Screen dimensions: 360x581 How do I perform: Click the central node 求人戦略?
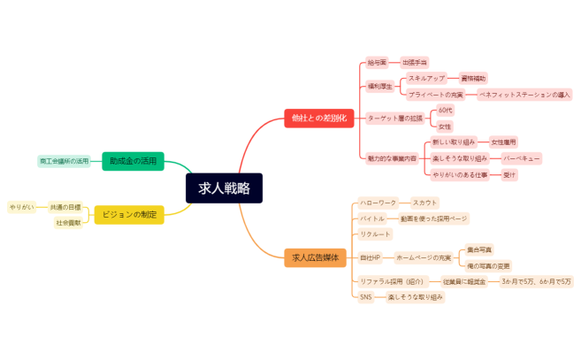(x=224, y=188)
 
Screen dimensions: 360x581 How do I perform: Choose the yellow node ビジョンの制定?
(x=129, y=214)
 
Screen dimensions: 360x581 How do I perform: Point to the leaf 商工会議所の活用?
(x=65, y=162)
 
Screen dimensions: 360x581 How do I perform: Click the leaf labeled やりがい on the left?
(x=21, y=207)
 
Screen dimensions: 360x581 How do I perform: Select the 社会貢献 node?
(x=68, y=223)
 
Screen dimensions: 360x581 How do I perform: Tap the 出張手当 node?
(x=415, y=63)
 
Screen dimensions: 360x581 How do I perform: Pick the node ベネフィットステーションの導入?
(x=524, y=94)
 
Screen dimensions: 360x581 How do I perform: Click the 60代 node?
(x=445, y=111)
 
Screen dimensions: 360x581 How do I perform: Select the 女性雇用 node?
(x=503, y=142)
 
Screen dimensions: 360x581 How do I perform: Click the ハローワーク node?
(x=379, y=203)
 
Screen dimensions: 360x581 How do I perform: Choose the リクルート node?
(x=375, y=234)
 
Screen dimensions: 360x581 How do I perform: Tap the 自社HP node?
(x=370, y=257)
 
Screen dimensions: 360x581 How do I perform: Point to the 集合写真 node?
(x=480, y=249)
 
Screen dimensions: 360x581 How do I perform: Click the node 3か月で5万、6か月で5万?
(x=536, y=281)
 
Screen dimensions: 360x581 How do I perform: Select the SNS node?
(x=365, y=297)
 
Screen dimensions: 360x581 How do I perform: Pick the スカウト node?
(x=425, y=203)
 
